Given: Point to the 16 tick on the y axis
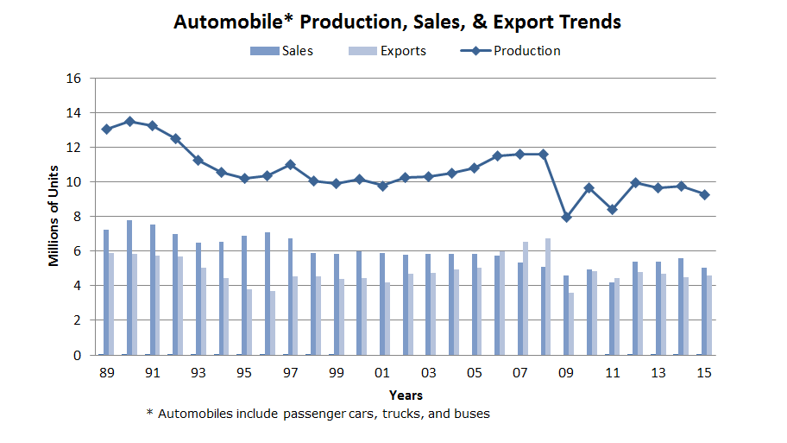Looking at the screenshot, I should [x=73, y=79].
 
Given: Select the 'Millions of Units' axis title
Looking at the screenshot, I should [x=54, y=216].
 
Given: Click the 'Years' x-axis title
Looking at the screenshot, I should [x=405, y=395].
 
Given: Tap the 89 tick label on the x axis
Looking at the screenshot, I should [x=106, y=373].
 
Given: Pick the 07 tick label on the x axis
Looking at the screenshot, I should [x=519, y=373].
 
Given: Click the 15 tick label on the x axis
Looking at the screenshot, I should [x=703, y=373].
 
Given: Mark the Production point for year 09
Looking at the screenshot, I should [x=566, y=217].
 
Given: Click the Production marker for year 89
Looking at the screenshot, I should [x=106, y=129].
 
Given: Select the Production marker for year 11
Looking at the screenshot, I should [x=612, y=209].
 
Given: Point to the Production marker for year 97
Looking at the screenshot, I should [x=290, y=164].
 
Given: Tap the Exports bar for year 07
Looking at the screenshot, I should [x=526, y=298].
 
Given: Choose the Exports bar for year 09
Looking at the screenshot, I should [x=571, y=324].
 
